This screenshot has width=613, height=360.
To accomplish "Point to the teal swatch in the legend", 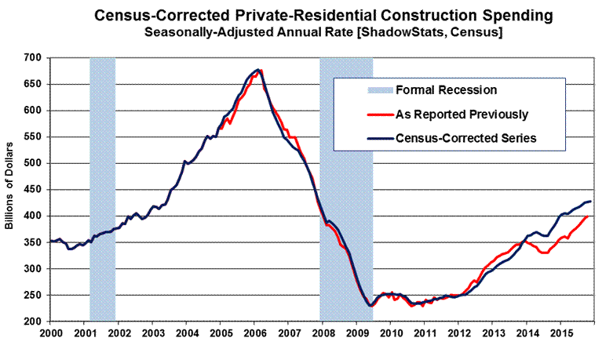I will pyautogui.click(x=363, y=90).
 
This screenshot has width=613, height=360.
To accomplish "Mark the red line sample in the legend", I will pyautogui.click(x=363, y=115).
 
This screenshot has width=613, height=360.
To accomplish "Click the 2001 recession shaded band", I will pyautogui.click(x=103, y=188).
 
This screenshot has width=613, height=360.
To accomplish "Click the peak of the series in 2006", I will pyautogui.click(x=259, y=70).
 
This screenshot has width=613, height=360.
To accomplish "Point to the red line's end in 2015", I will pyautogui.click(x=587, y=216).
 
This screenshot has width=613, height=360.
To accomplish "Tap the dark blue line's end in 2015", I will pyautogui.click(x=591, y=202).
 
